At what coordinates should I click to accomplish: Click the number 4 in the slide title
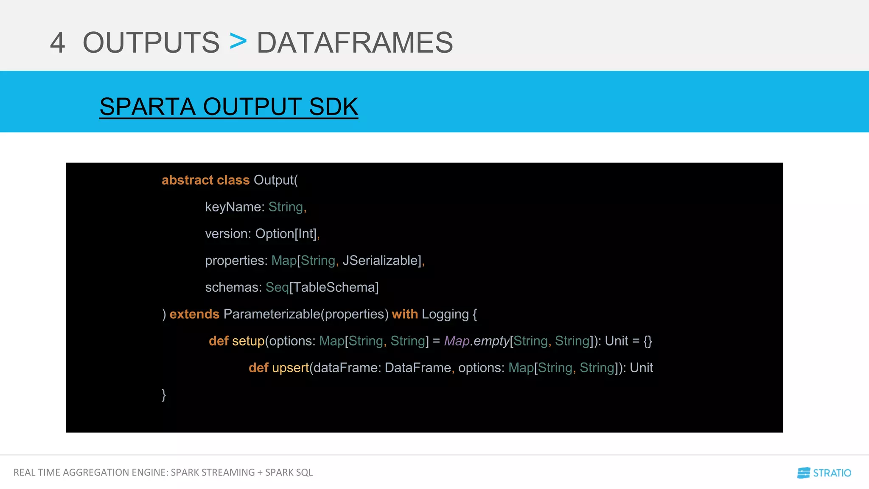(x=58, y=42)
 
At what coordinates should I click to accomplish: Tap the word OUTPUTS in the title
(x=151, y=42)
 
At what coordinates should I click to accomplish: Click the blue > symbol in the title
(x=238, y=42)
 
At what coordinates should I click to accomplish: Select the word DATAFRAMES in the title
(x=355, y=42)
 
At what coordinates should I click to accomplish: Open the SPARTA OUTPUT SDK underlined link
(x=229, y=107)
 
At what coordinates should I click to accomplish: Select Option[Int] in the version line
(x=286, y=233)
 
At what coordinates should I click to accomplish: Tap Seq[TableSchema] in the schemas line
(x=322, y=287)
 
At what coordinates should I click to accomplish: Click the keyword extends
(x=194, y=314)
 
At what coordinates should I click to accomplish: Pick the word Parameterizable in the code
(x=272, y=314)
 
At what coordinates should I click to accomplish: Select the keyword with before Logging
(x=405, y=314)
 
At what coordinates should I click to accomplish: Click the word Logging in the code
(x=445, y=314)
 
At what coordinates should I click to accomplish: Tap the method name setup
(x=248, y=341)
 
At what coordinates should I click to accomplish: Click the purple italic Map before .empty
(x=457, y=341)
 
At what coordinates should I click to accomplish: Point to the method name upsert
(x=290, y=368)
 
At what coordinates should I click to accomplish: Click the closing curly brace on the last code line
(x=164, y=395)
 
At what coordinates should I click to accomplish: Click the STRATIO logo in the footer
(x=824, y=473)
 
